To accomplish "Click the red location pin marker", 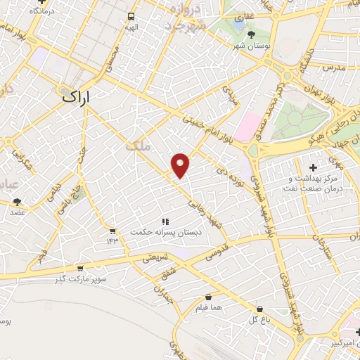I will (x=181, y=165).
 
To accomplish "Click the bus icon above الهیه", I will (x=131, y=16).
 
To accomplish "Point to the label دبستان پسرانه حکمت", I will (x=169, y=231).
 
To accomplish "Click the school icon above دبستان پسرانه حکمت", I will (x=165, y=221).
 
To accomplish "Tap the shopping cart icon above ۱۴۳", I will (x=112, y=231).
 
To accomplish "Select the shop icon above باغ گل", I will (x=260, y=309).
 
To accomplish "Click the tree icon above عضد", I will (x=17, y=202).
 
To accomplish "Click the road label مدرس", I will (x=330, y=69).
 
